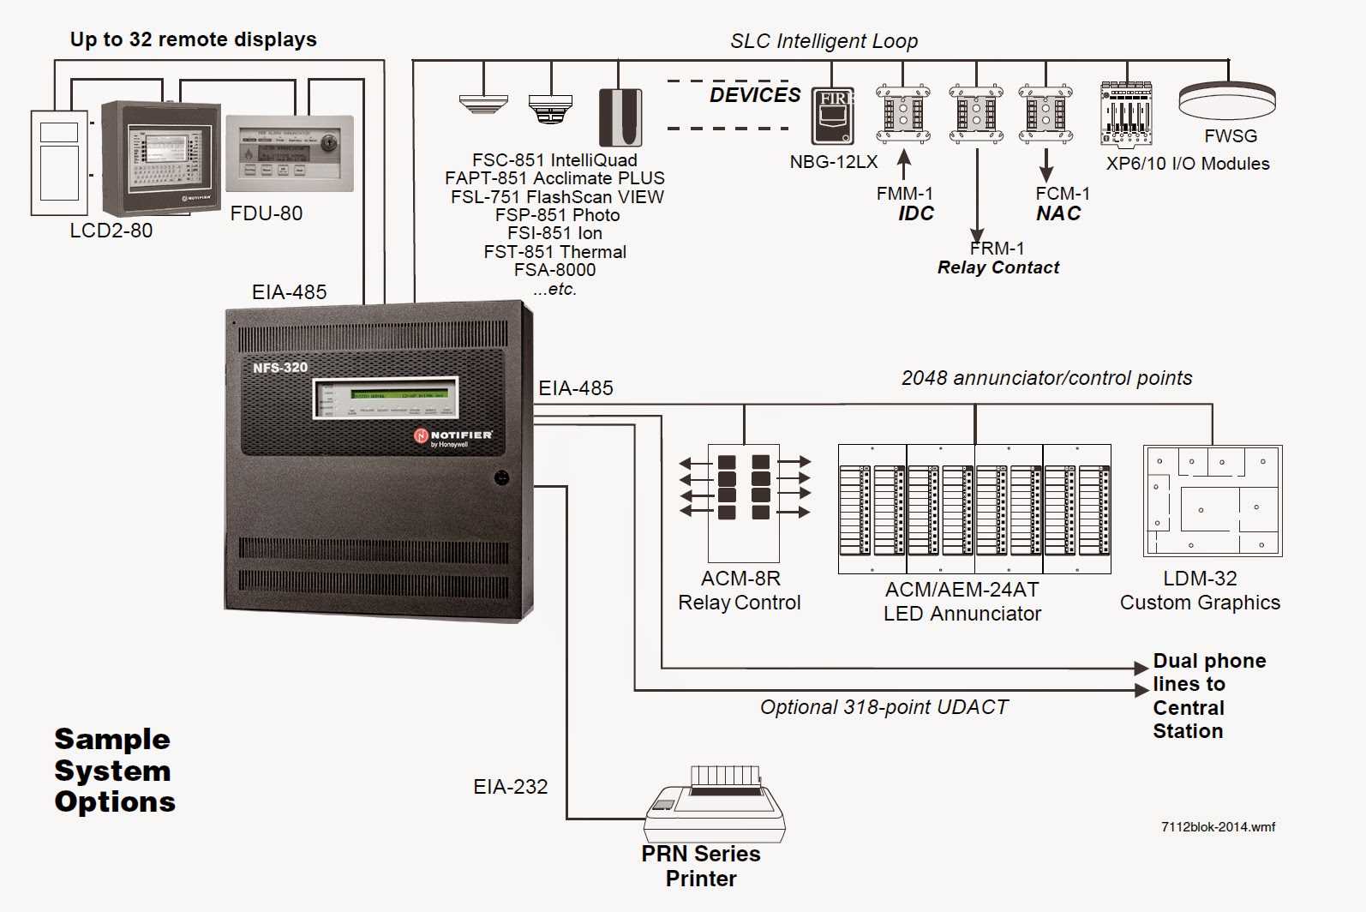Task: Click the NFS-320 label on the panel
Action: (x=279, y=368)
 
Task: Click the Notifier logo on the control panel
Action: (x=453, y=436)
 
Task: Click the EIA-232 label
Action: (x=510, y=787)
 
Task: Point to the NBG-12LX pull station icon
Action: (x=833, y=116)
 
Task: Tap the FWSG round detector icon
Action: (x=1226, y=100)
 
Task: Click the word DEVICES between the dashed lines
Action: (x=754, y=95)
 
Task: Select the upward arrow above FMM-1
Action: (x=903, y=164)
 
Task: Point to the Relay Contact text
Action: (x=998, y=267)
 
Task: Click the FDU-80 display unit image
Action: (x=289, y=154)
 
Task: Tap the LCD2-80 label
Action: (x=111, y=231)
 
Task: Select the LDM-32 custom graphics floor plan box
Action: (x=1212, y=501)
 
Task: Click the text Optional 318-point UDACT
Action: (x=884, y=707)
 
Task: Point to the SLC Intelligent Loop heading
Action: (x=823, y=41)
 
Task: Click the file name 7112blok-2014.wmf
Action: (x=1217, y=827)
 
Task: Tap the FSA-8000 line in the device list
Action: (x=554, y=270)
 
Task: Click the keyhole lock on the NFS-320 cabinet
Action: (x=502, y=477)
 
